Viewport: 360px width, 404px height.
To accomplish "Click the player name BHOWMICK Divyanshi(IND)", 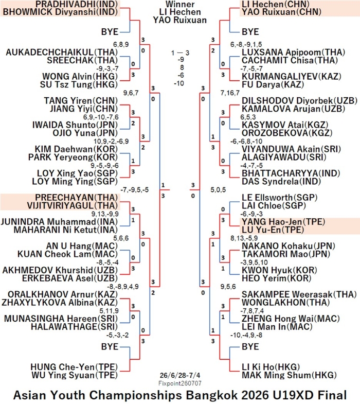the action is (x=60, y=12).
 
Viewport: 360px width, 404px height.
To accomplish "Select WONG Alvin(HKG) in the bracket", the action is (x=80, y=77).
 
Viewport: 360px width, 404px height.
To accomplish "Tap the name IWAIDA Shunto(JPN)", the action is (x=75, y=125).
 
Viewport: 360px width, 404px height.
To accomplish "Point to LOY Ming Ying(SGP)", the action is (x=75, y=182).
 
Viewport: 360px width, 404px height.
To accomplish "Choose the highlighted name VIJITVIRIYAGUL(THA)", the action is (x=73, y=206).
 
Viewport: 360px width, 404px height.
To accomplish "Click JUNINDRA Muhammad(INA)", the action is (x=59, y=222).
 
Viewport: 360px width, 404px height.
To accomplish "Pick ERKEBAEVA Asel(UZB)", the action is (x=70, y=278).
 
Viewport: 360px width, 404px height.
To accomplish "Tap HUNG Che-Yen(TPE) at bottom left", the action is (x=74, y=367).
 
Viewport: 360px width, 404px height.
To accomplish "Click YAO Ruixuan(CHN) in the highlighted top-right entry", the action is (x=281, y=12).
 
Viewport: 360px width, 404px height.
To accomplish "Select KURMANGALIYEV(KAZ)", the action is (x=292, y=77).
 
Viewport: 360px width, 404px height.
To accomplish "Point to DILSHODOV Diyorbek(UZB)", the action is (x=299, y=101).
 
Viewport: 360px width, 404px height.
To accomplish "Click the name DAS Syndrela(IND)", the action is (x=281, y=182).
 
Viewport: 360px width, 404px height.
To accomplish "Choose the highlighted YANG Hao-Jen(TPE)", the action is (x=283, y=222).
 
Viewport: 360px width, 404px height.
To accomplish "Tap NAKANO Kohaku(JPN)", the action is (x=289, y=246).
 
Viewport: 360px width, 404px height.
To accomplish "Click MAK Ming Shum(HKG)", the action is (x=289, y=375).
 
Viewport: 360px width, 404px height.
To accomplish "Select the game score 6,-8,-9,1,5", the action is (x=246, y=45).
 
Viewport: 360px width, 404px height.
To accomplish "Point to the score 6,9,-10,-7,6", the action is (x=101, y=117).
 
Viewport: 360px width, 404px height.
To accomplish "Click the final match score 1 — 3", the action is (x=181, y=53).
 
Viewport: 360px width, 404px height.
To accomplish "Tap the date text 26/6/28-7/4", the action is (x=179, y=375).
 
